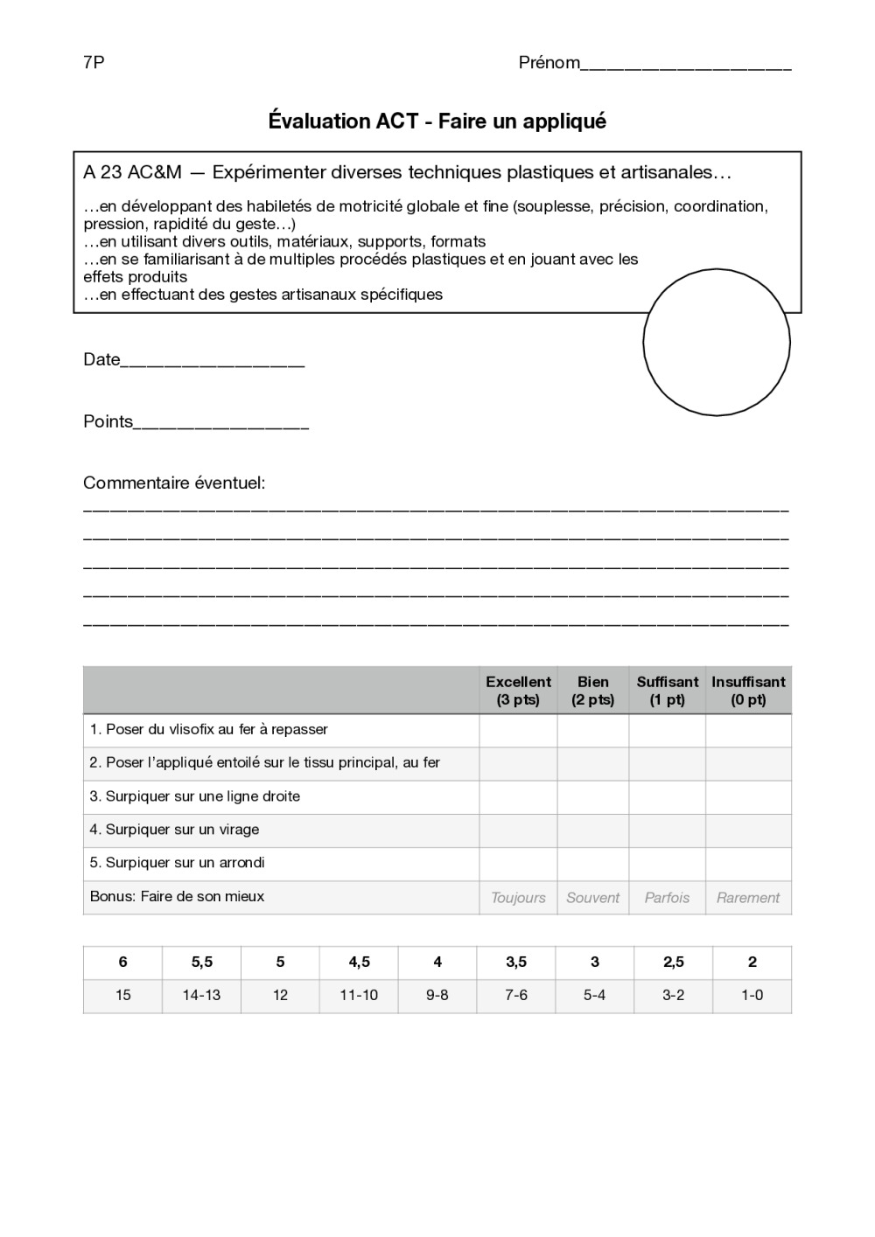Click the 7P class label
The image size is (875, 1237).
click(94, 62)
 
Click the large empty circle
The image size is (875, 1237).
click(717, 342)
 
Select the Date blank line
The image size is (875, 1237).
click(212, 363)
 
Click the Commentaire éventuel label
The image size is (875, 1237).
click(174, 483)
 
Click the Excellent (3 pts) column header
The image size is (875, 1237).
click(518, 691)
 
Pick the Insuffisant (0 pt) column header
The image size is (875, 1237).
click(748, 691)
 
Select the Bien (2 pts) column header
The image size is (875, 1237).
click(592, 691)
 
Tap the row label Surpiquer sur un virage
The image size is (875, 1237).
click(174, 830)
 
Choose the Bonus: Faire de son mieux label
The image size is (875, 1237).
click(177, 896)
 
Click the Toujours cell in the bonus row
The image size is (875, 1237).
click(518, 898)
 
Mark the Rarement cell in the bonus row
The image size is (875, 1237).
click(748, 898)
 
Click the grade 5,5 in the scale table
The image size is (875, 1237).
click(201, 962)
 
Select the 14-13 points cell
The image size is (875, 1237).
click(201, 995)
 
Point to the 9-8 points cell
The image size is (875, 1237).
click(437, 995)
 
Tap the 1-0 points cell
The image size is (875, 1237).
click(752, 995)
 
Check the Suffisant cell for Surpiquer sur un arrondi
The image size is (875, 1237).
click(667, 864)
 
